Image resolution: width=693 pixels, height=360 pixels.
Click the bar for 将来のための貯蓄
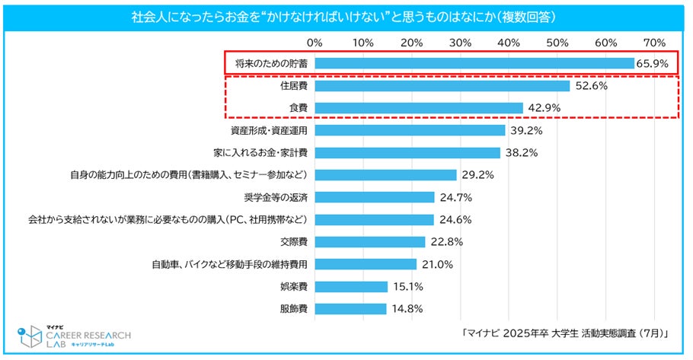[x=474, y=63]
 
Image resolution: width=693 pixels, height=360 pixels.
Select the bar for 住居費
[x=442, y=86]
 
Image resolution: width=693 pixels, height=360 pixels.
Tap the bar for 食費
[x=418, y=108]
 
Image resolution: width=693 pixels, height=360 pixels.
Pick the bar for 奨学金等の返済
[x=374, y=197]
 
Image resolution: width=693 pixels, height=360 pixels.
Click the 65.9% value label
[x=652, y=64]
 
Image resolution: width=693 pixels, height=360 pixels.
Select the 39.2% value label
[x=526, y=131]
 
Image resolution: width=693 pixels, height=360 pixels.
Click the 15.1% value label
[x=408, y=287]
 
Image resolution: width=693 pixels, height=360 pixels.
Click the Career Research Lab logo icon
[x=31, y=336]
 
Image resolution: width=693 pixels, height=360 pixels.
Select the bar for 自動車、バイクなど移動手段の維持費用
[x=366, y=264]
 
